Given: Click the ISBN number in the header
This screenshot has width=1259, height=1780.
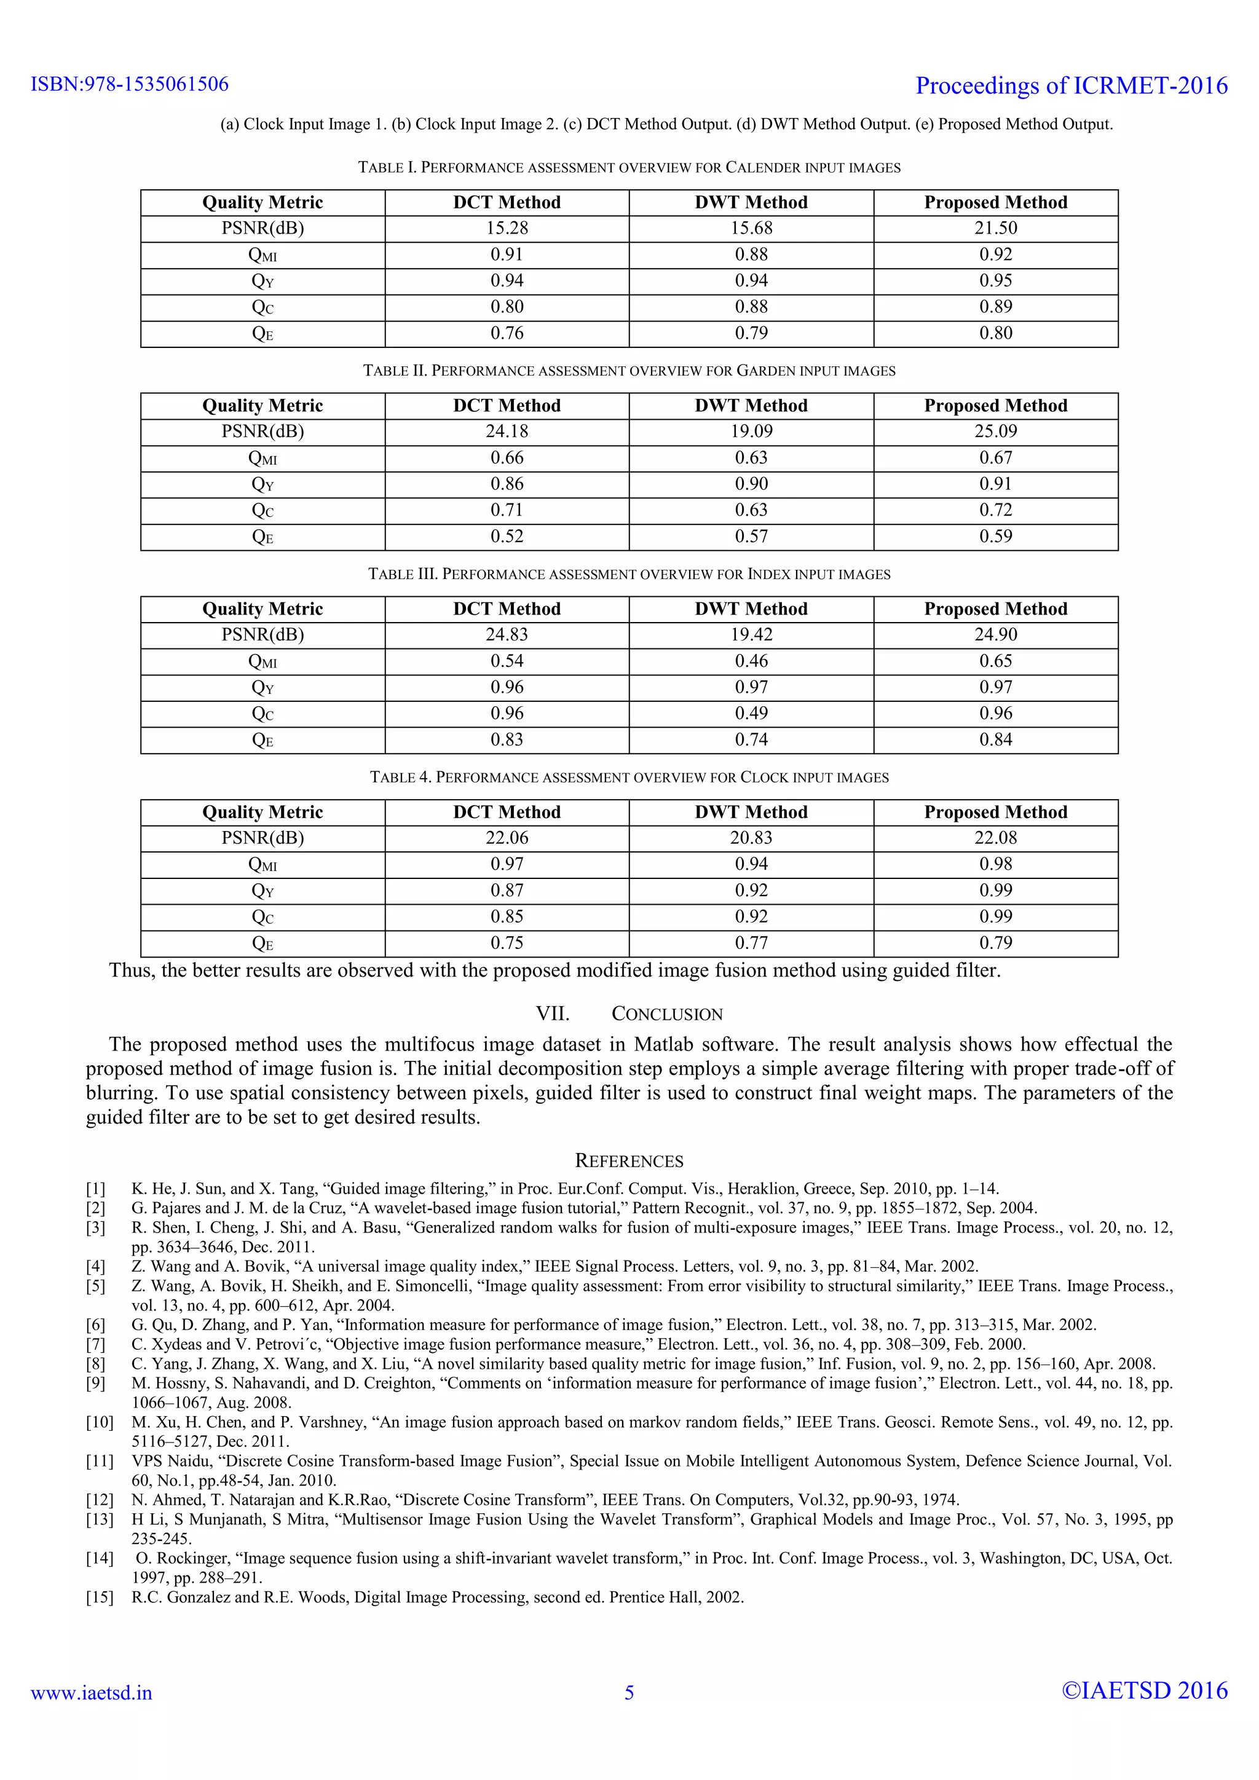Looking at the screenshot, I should (130, 84).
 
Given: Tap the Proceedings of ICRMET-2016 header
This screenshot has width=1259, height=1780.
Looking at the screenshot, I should (1072, 85).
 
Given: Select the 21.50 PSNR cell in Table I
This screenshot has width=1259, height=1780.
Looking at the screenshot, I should (995, 228).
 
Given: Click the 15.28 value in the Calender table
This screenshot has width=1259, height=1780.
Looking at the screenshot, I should (507, 228).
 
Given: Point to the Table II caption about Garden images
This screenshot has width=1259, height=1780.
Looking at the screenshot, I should (629, 371).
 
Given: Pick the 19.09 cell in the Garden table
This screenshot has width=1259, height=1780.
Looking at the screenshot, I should (751, 431).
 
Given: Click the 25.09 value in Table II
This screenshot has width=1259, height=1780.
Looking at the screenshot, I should (995, 431).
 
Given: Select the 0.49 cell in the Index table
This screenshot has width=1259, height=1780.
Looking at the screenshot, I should (751, 713).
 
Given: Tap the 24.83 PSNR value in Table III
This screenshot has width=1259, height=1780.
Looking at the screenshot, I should (507, 634).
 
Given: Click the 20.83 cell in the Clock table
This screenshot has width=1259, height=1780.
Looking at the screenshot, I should (751, 838).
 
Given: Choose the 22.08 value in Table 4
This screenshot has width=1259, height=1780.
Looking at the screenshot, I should (995, 838).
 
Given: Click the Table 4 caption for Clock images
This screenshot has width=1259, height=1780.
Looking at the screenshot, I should (629, 778).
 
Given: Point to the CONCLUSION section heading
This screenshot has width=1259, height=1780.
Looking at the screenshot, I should (629, 1014).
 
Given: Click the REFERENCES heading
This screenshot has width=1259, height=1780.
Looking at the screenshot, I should (629, 1160).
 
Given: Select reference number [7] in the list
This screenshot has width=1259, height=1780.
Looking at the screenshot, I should (95, 1344).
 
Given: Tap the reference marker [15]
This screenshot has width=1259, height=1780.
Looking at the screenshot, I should (99, 1597).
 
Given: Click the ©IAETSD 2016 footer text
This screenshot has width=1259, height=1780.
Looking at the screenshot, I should (1144, 1691).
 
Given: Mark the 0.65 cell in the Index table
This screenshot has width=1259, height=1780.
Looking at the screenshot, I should (995, 661).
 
